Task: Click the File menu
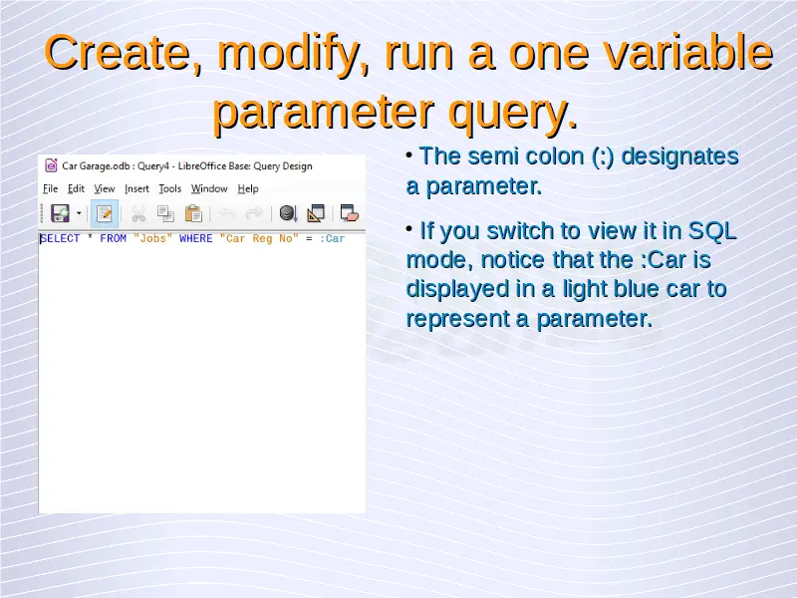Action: click(51, 188)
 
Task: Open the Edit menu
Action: click(76, 188)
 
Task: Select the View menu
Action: click(105, 188)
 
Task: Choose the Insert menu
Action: click(136, 188)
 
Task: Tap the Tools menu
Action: click(169, 188)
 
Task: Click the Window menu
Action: click(209, 188)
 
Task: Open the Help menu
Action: click(248, 188)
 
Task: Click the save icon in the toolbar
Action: click(60, 213)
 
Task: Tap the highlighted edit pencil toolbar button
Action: click(105, 213)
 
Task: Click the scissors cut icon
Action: click(138, 213)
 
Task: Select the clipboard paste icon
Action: click(193, 213)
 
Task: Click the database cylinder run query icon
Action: click(288, 213)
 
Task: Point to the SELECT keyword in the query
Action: click(60, 238)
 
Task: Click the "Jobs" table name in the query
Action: click(153, 238)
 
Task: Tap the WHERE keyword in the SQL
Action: click(195, 238)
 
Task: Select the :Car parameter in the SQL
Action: click(333, 238)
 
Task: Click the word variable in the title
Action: click(688, 53)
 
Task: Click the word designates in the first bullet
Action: click(680, 156)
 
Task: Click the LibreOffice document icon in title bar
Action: click(51, 165)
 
